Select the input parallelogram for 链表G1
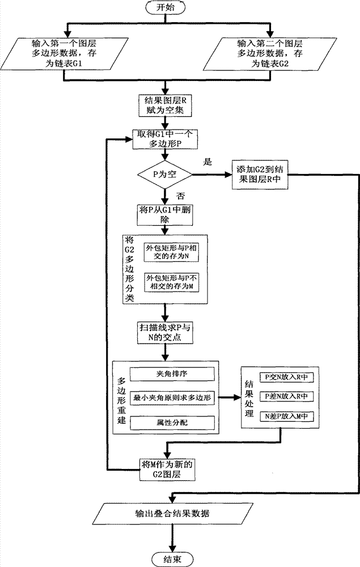67,53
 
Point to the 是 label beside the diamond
207,161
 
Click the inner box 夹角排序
172,375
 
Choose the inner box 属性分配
172,422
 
